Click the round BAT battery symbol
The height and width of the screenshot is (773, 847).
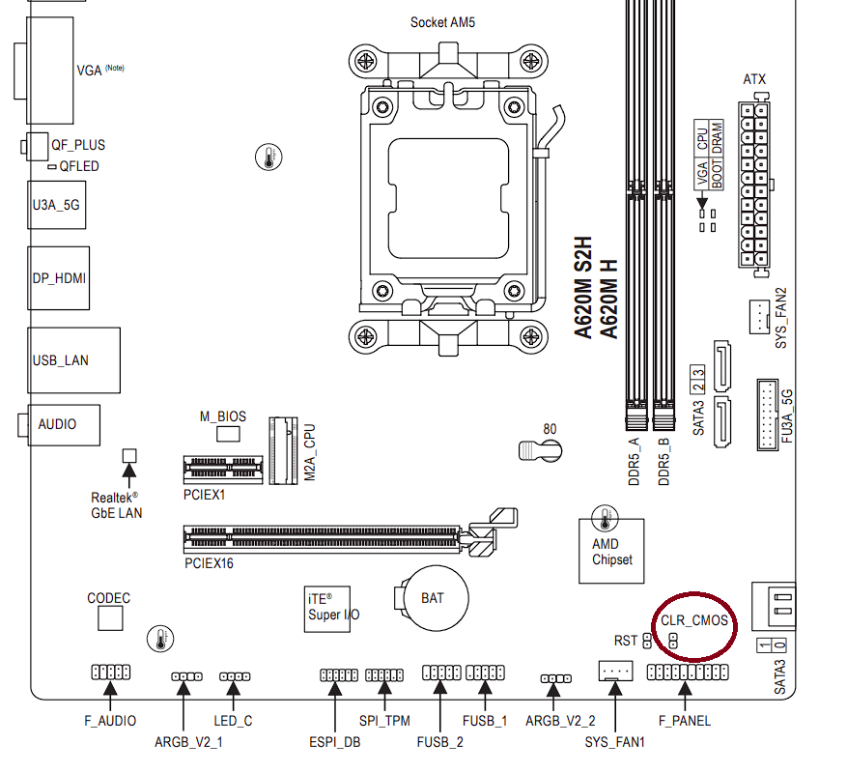(433, 598)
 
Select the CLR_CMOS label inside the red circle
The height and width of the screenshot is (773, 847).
(694, 621)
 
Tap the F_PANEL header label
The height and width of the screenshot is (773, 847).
(684, 720)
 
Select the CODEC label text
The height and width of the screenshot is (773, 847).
(108, 599)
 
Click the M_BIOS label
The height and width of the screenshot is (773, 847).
(223, 416)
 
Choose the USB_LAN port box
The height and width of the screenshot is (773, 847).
(74, 360)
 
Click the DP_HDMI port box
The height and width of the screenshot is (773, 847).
(60, 278)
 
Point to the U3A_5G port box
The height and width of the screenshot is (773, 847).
(56, 204)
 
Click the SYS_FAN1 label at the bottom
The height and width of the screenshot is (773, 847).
(614, 741)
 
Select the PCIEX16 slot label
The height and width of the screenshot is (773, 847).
(209, 562)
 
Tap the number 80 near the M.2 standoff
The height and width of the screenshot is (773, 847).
(550, 429)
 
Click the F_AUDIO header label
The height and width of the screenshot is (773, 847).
(110, 720)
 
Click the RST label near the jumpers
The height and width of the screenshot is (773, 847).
(626, 641)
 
